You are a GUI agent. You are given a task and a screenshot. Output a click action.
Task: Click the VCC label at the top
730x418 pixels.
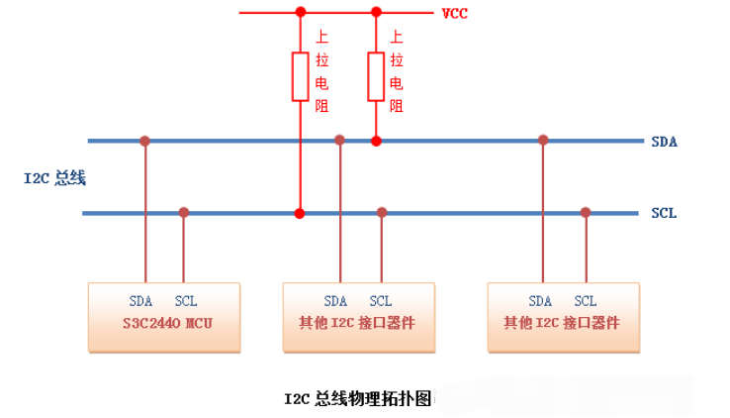[454, 13]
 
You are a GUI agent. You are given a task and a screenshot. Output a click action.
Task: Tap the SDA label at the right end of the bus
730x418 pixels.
[664, 142]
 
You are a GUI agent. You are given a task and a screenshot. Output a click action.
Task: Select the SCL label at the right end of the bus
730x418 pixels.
[664, 213]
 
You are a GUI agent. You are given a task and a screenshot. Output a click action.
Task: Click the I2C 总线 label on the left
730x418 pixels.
[55, 178]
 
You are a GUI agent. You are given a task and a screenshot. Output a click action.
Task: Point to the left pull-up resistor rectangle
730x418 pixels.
[300, 77]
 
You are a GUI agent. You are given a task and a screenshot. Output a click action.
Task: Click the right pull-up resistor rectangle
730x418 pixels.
[376, 77]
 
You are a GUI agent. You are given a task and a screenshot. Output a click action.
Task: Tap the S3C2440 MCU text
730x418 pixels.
[170, 323]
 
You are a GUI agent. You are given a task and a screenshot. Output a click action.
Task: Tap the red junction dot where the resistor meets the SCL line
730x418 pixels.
[300, 213]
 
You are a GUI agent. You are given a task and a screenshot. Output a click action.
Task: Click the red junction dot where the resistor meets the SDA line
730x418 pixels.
[376, 141]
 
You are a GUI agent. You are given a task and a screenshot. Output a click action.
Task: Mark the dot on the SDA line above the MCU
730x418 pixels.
[144, 141]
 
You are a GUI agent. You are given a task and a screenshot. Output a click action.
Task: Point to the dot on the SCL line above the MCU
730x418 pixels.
[183, 212]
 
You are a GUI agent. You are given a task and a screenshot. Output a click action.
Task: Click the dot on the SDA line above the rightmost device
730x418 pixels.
[542, 141]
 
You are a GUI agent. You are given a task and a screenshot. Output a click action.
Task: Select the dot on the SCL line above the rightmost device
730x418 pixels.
[586, 212]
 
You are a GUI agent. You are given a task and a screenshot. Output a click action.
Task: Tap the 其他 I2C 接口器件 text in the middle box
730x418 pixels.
[357, 323]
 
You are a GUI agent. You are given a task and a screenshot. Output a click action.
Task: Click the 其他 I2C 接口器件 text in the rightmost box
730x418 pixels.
[562, 323]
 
